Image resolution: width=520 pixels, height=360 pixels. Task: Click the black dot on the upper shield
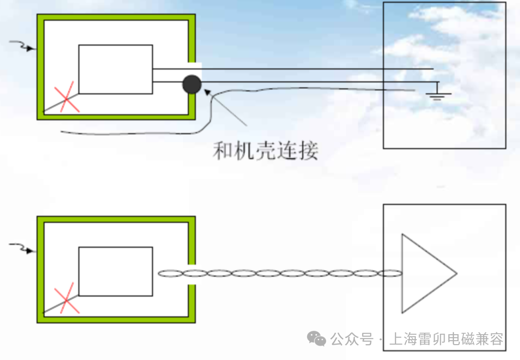tap(192, 85)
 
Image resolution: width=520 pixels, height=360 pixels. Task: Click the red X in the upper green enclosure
tap(66, 97)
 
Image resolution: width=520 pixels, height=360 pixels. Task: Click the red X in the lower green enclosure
tap(66, 299)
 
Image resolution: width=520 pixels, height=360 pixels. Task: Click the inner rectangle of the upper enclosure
tap(116, 69)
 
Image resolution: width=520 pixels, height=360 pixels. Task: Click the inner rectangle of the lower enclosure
tap(116, 271)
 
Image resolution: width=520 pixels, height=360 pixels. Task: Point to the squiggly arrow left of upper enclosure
tap(23, 47)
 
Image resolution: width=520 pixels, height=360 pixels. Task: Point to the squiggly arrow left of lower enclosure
tap(23, 248)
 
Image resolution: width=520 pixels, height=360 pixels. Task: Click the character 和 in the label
tap(223, 150)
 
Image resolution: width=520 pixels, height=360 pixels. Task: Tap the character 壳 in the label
tap(265, 150)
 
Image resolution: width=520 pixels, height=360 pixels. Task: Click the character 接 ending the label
tap(308, 150)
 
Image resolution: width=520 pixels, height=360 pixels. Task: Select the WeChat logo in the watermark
tap(317, 339)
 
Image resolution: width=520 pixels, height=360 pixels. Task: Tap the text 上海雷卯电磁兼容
tap(446, 340)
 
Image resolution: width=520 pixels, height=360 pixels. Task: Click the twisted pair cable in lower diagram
tap(280, 273)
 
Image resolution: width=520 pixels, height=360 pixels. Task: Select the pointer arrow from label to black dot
tap(226, 107)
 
